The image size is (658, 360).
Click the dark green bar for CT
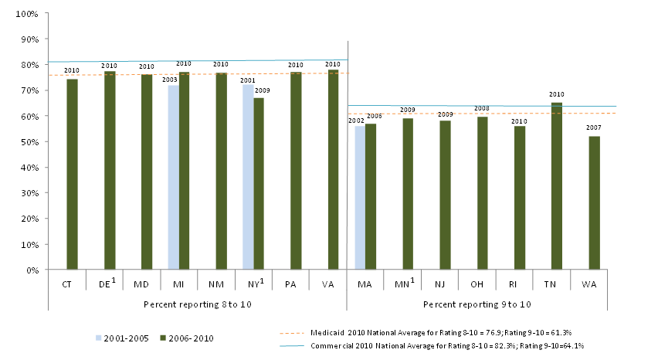pos(72,175)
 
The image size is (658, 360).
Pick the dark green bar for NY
pos(259,184)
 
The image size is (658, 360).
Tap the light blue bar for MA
pos(360,198)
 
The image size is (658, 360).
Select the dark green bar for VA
pos(333,170)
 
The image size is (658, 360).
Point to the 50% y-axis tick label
pos(29,142)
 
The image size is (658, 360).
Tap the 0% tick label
pos(32,270)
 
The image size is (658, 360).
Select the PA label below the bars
pos(296,284)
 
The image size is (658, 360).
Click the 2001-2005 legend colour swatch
pos(97,338)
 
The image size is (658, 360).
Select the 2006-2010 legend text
pos(190,338)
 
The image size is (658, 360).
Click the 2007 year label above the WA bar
pos(594,127)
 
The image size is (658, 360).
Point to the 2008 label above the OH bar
pos(482,109)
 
